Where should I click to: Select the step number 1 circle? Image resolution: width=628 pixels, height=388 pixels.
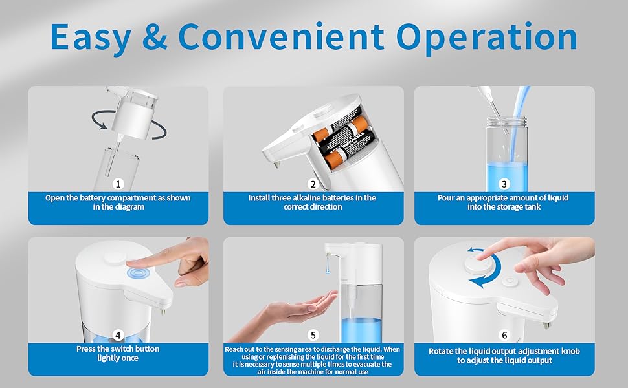[118, 184]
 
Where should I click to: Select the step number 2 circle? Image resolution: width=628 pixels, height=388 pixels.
[313, 184]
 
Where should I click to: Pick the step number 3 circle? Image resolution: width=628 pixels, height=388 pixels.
[504, 184]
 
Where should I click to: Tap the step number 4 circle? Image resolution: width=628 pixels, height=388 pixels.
[118, 335]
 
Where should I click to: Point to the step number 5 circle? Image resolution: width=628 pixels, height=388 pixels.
[313, 335]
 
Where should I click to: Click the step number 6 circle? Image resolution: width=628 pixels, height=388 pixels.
[504, 335]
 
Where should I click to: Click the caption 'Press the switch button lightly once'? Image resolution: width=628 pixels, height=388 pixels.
[118, 353]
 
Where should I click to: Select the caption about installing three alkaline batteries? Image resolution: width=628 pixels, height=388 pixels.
[313, 202]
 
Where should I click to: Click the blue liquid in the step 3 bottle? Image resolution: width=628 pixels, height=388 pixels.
[504, 171]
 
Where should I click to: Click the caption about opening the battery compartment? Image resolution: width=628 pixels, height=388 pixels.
[118, 202]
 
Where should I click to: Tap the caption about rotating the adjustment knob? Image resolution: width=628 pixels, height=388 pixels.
[504, 356]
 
